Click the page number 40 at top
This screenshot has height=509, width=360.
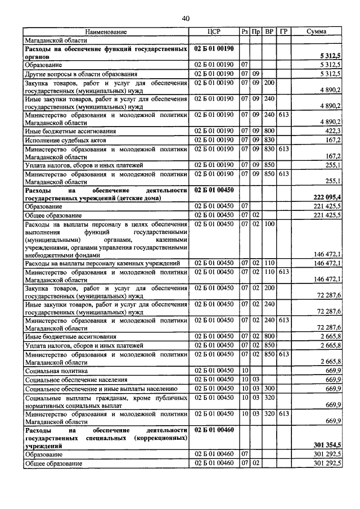point(186,19)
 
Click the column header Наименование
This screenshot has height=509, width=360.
point(106,32)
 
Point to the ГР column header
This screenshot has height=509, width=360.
point(283,32)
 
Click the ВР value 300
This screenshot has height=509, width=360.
point(269,389)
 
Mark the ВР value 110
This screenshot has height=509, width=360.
point(269,263)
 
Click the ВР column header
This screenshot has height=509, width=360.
point(269,32)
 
